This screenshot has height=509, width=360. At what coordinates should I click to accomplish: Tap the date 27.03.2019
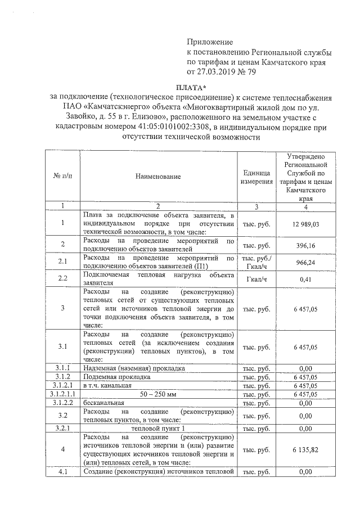click(x=215, y=72)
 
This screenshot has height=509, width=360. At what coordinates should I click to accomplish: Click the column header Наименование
click(x=158, y=177)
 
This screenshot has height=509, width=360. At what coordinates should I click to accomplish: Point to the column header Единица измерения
click(x=256, y=177)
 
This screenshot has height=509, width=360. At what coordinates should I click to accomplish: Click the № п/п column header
click(x=62, y=177)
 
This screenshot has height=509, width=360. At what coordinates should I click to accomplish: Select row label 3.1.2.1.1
click(x=62, y=394)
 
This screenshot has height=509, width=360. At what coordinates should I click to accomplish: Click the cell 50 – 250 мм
click(x=158, y=394)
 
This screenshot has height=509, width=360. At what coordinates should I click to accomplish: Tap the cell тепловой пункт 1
click(x=158, y=429)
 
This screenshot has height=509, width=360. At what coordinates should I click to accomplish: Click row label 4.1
click(x=62, y=472)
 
